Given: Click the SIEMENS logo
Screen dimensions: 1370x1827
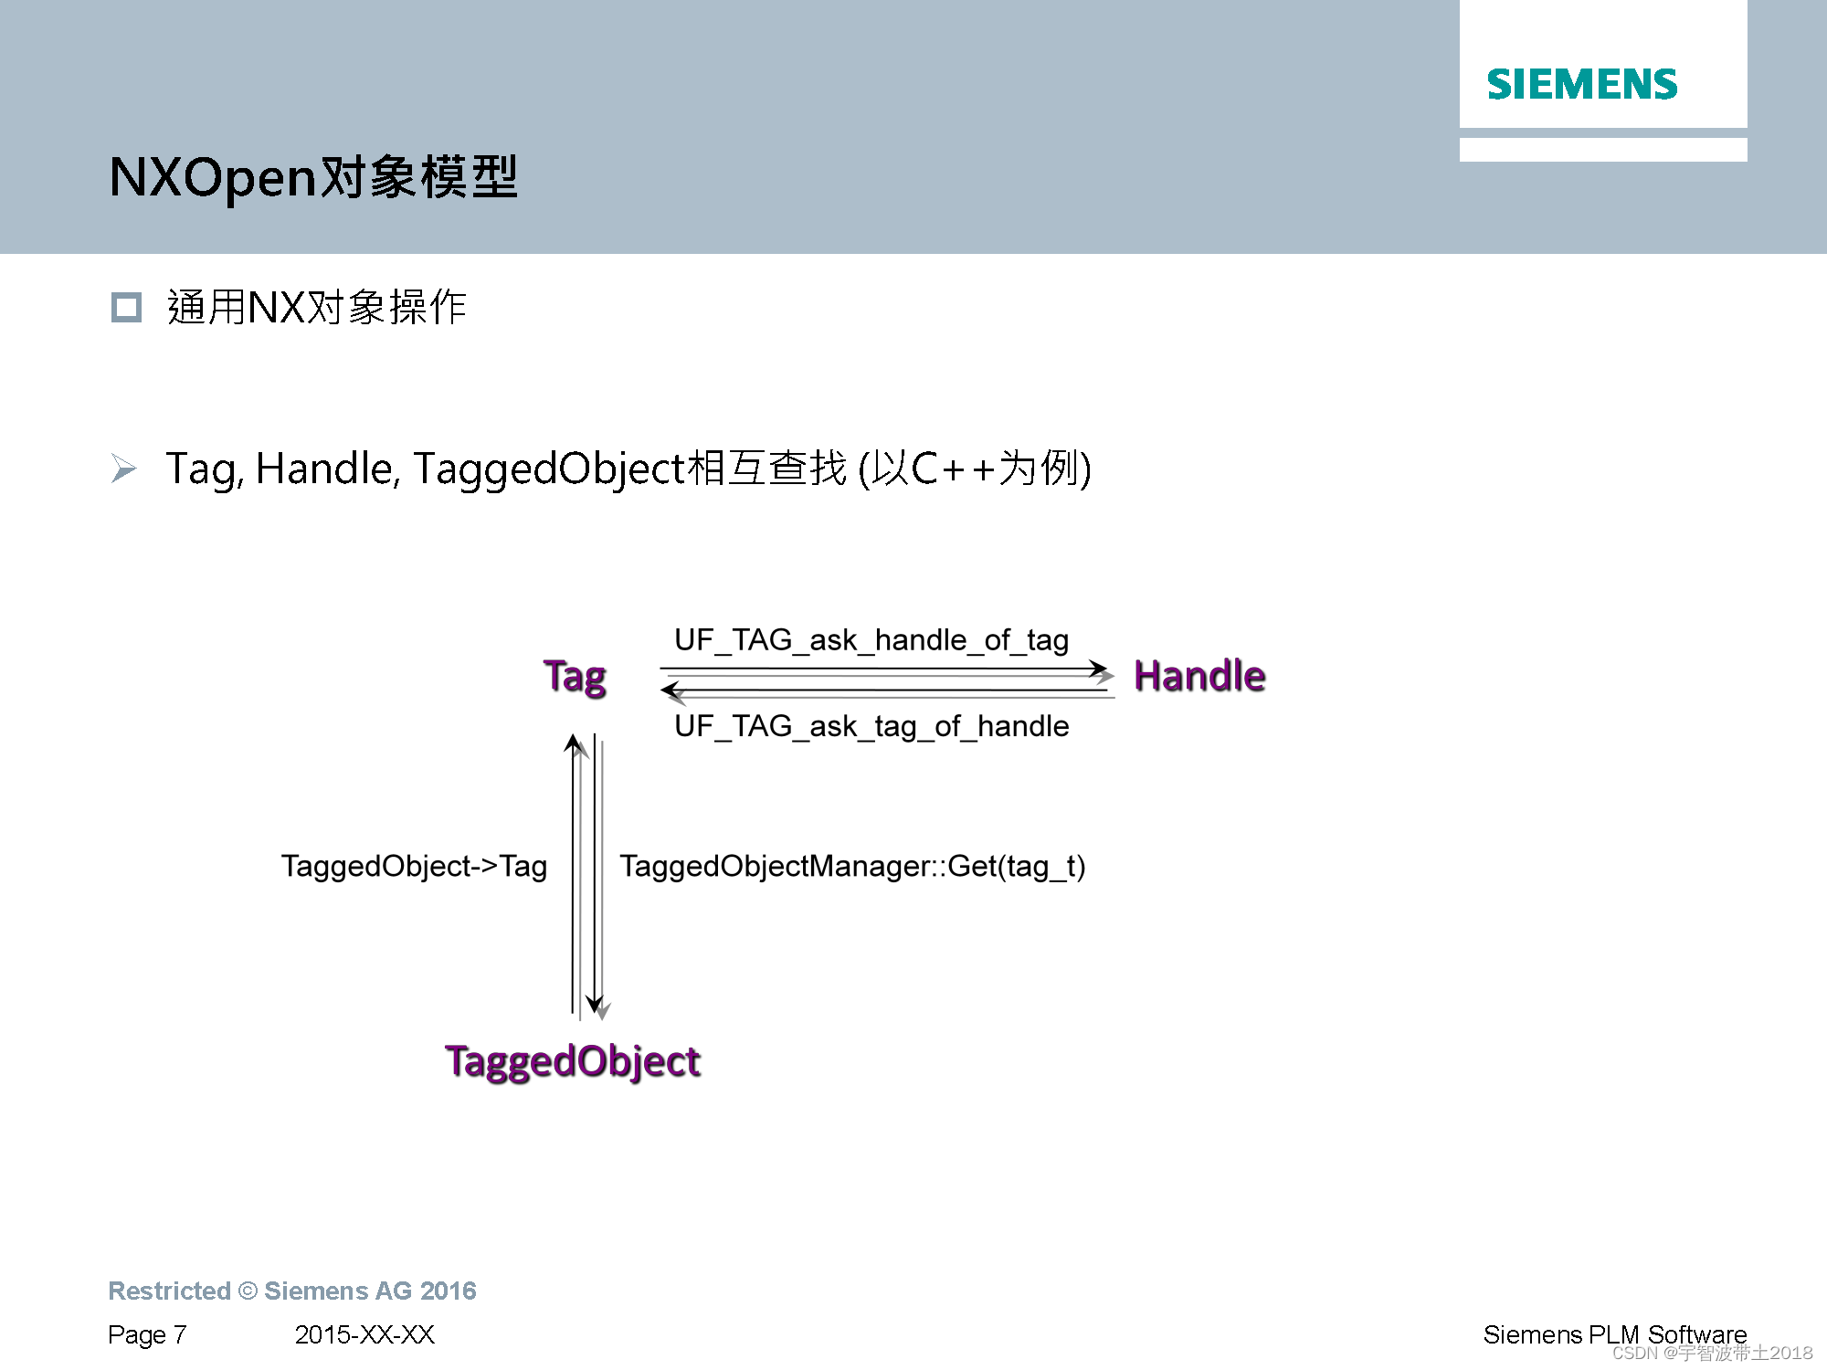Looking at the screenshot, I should [x=1582, y=85].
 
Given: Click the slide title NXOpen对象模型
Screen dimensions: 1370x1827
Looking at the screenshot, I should [x=313, y=177].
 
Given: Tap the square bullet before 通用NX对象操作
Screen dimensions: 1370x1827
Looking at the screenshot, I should [x=126, y=308].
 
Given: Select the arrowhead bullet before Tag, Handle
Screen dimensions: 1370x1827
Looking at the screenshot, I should [x=123, y=469].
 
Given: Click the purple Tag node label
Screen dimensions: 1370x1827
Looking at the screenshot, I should [x=575, y=677].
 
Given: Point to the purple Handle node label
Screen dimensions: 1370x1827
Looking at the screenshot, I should [x=1199, y=677].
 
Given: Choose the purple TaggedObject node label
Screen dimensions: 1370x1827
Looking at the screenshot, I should [x=573, y=1061].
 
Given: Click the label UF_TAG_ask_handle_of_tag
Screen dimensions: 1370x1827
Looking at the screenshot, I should [x=871, y=640].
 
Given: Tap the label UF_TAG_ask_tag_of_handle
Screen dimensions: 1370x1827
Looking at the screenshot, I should [x=871, y=727].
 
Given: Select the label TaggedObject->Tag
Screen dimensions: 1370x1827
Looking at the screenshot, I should [x=414, y=866].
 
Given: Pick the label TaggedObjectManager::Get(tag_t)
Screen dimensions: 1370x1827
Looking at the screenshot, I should [x=852, y=866].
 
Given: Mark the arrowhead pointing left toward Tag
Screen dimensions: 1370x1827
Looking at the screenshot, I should [x=672, y=690].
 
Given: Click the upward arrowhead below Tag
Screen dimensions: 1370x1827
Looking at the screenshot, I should [x=574, y=744].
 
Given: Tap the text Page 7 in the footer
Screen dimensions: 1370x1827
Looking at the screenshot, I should [x=147, y=1335].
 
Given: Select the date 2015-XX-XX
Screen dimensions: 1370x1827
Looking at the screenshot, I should [x=364, y=1335].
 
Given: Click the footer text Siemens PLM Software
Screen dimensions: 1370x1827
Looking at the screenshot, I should [x=1614, y=1335].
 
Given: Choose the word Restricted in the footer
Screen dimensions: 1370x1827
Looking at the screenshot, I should [x=169, y=1291].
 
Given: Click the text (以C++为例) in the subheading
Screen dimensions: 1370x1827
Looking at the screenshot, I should [x=975, y=469].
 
